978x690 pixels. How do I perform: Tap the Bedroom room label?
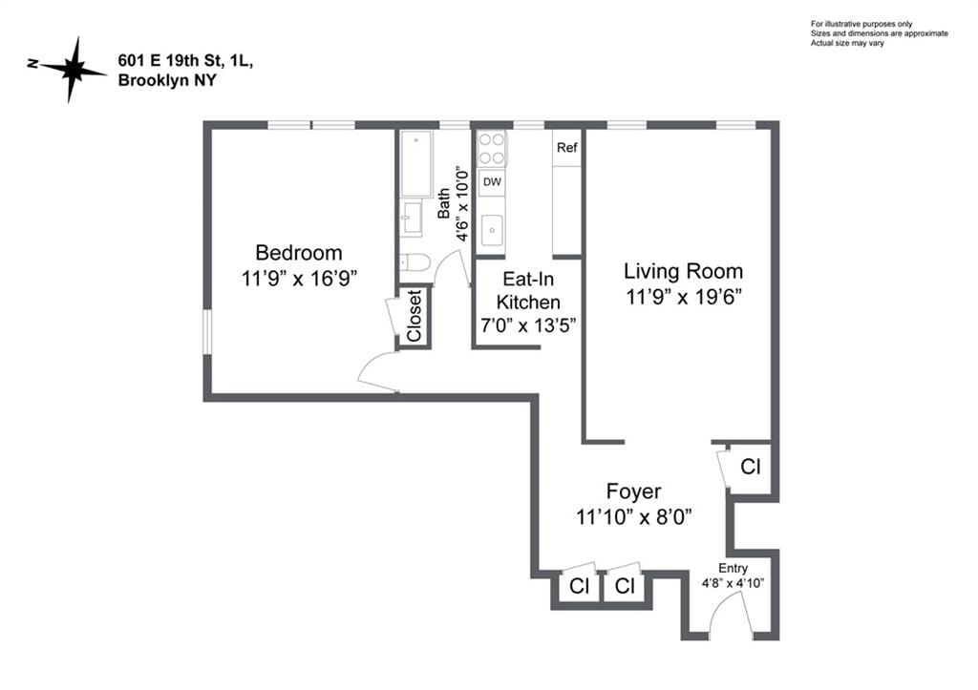pos(298,253)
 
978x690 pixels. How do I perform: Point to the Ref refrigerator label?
pos(567,148)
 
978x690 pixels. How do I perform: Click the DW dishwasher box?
pos(492,181)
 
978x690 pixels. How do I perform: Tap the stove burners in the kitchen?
pos(492,148)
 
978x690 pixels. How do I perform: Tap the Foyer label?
pos(633,491)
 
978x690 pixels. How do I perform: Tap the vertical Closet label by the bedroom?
pos(415,316)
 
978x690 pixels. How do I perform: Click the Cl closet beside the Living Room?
pos(751,468)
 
